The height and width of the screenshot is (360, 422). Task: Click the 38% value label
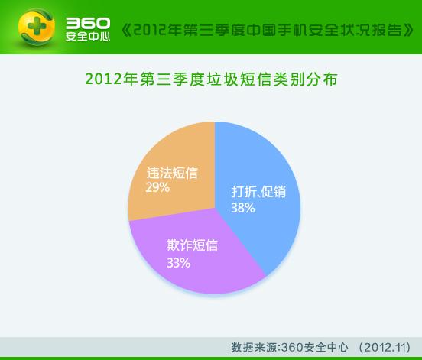pyautogui.click(x=243, y=208)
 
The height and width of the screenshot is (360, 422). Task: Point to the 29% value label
pyautogui.click(x=157, y=187)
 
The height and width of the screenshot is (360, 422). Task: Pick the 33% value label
pyautogui.click(x=178, y=263)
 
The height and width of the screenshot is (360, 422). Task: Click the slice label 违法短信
pyautogui.click(x=172, y=173)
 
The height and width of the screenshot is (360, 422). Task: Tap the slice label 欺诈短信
pyautogui.click(x=192, y=245)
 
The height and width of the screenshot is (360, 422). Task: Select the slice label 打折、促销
pyautogui.click(x=258, y=192)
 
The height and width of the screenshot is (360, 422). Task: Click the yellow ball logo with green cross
pyautogui.click(x=37, y=27)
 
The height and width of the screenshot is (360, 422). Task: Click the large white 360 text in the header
pyautogui.click(x=88, y=23)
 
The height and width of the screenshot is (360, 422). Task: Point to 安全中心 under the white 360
pyautogui.click(x=88, y=37)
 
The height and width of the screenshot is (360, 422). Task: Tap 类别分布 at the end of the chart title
pyautogui.click(x=305, y=79)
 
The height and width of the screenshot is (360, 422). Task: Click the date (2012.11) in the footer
pyautogui.click(x=385, y=347)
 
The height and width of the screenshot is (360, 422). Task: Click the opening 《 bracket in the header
pyautogui.click(x=126, y=30)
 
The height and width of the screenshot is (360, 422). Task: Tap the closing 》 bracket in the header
pyautogui.click(x=408, y=30)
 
